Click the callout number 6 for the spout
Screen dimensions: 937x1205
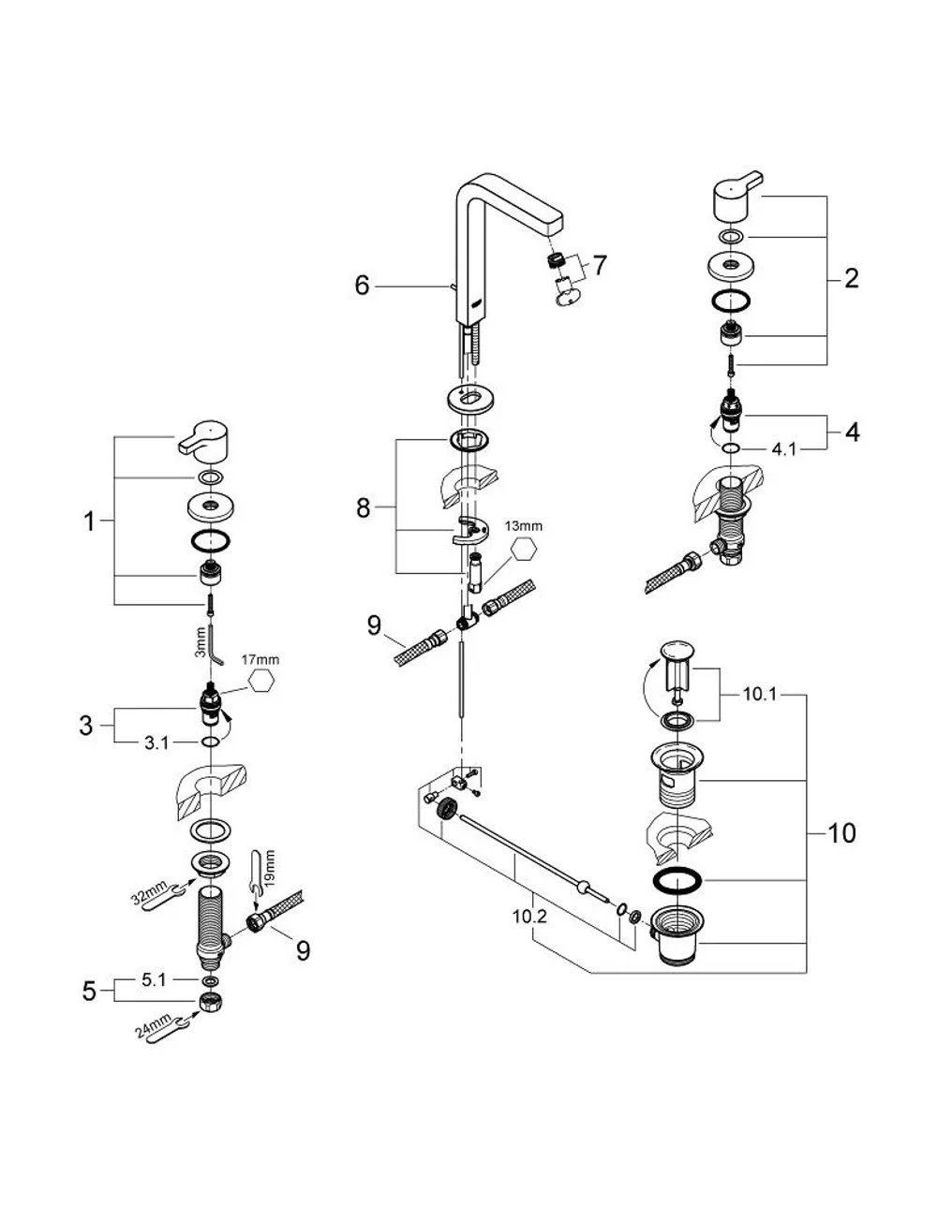pyautogui.click(x=362, y=286)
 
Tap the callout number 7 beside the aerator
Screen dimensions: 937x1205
pyautogui.click(x=599, y=265)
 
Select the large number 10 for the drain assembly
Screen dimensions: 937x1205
pyautogui.click(x=841, y=833)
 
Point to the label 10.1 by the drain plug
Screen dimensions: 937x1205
pyautogui.click(x=760, y=695)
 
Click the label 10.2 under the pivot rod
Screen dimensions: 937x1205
pyautogui.click(x=529, y=917)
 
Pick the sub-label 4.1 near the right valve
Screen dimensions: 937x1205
pyautogui.click(x=783, y=448)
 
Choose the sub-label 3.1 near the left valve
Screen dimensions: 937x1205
pyautogui.click(x=156, y=743)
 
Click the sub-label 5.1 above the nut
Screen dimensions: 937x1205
pyautogui.click(x=153, y=980)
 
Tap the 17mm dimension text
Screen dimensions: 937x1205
pyautogui.click(x=260, y=660)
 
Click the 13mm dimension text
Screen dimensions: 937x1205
pyautogui.click(x=523, y=525)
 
